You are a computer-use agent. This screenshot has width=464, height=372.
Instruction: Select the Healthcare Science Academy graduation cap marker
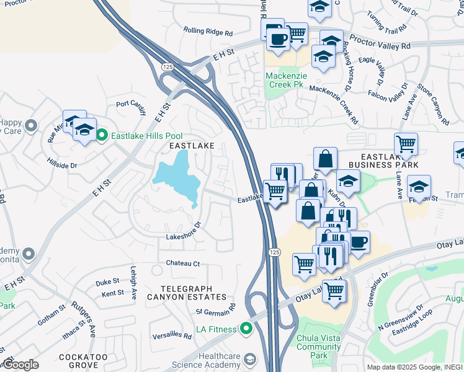[x=249, y=360]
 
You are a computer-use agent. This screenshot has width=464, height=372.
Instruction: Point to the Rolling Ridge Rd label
[x=208, y=30]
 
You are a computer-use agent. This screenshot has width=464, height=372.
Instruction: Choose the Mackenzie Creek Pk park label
[x=287, y=81]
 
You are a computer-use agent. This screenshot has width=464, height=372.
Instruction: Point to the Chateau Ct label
[x=182, y=263]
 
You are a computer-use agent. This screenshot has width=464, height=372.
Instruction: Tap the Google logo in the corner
[x=20, y=365]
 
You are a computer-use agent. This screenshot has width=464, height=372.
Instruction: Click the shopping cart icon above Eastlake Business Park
[x=406, y=144]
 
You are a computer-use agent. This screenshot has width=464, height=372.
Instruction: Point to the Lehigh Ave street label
[x=133, y=283]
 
